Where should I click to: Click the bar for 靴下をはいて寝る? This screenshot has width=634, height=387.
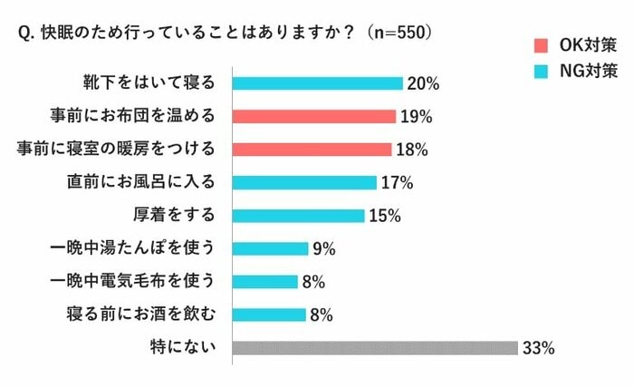pos(317,83)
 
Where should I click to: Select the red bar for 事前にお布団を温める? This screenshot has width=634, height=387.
pos(314,116)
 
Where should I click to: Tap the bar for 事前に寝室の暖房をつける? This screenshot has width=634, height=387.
pos(312,149)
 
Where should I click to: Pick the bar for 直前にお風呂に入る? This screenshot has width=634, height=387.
pos(304,182)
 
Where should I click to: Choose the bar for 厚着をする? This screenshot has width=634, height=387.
pos(298,215)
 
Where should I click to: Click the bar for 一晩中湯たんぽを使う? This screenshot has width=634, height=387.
pos(270,248)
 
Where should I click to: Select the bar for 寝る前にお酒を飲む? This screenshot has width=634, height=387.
pos(268,314)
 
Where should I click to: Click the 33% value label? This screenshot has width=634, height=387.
pos(537,348)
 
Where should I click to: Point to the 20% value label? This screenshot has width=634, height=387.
pos(423,83)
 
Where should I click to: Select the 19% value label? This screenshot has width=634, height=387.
pos(416,116)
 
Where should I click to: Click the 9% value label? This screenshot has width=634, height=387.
pos(324,248)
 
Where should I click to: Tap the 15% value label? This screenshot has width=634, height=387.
pos(384,215)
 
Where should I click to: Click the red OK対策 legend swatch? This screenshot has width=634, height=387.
pos(542,44)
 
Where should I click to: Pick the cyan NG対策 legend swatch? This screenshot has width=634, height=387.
pos(542,70)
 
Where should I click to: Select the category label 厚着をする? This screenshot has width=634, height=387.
pos(172,215)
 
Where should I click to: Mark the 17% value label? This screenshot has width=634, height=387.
pos(397,182)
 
